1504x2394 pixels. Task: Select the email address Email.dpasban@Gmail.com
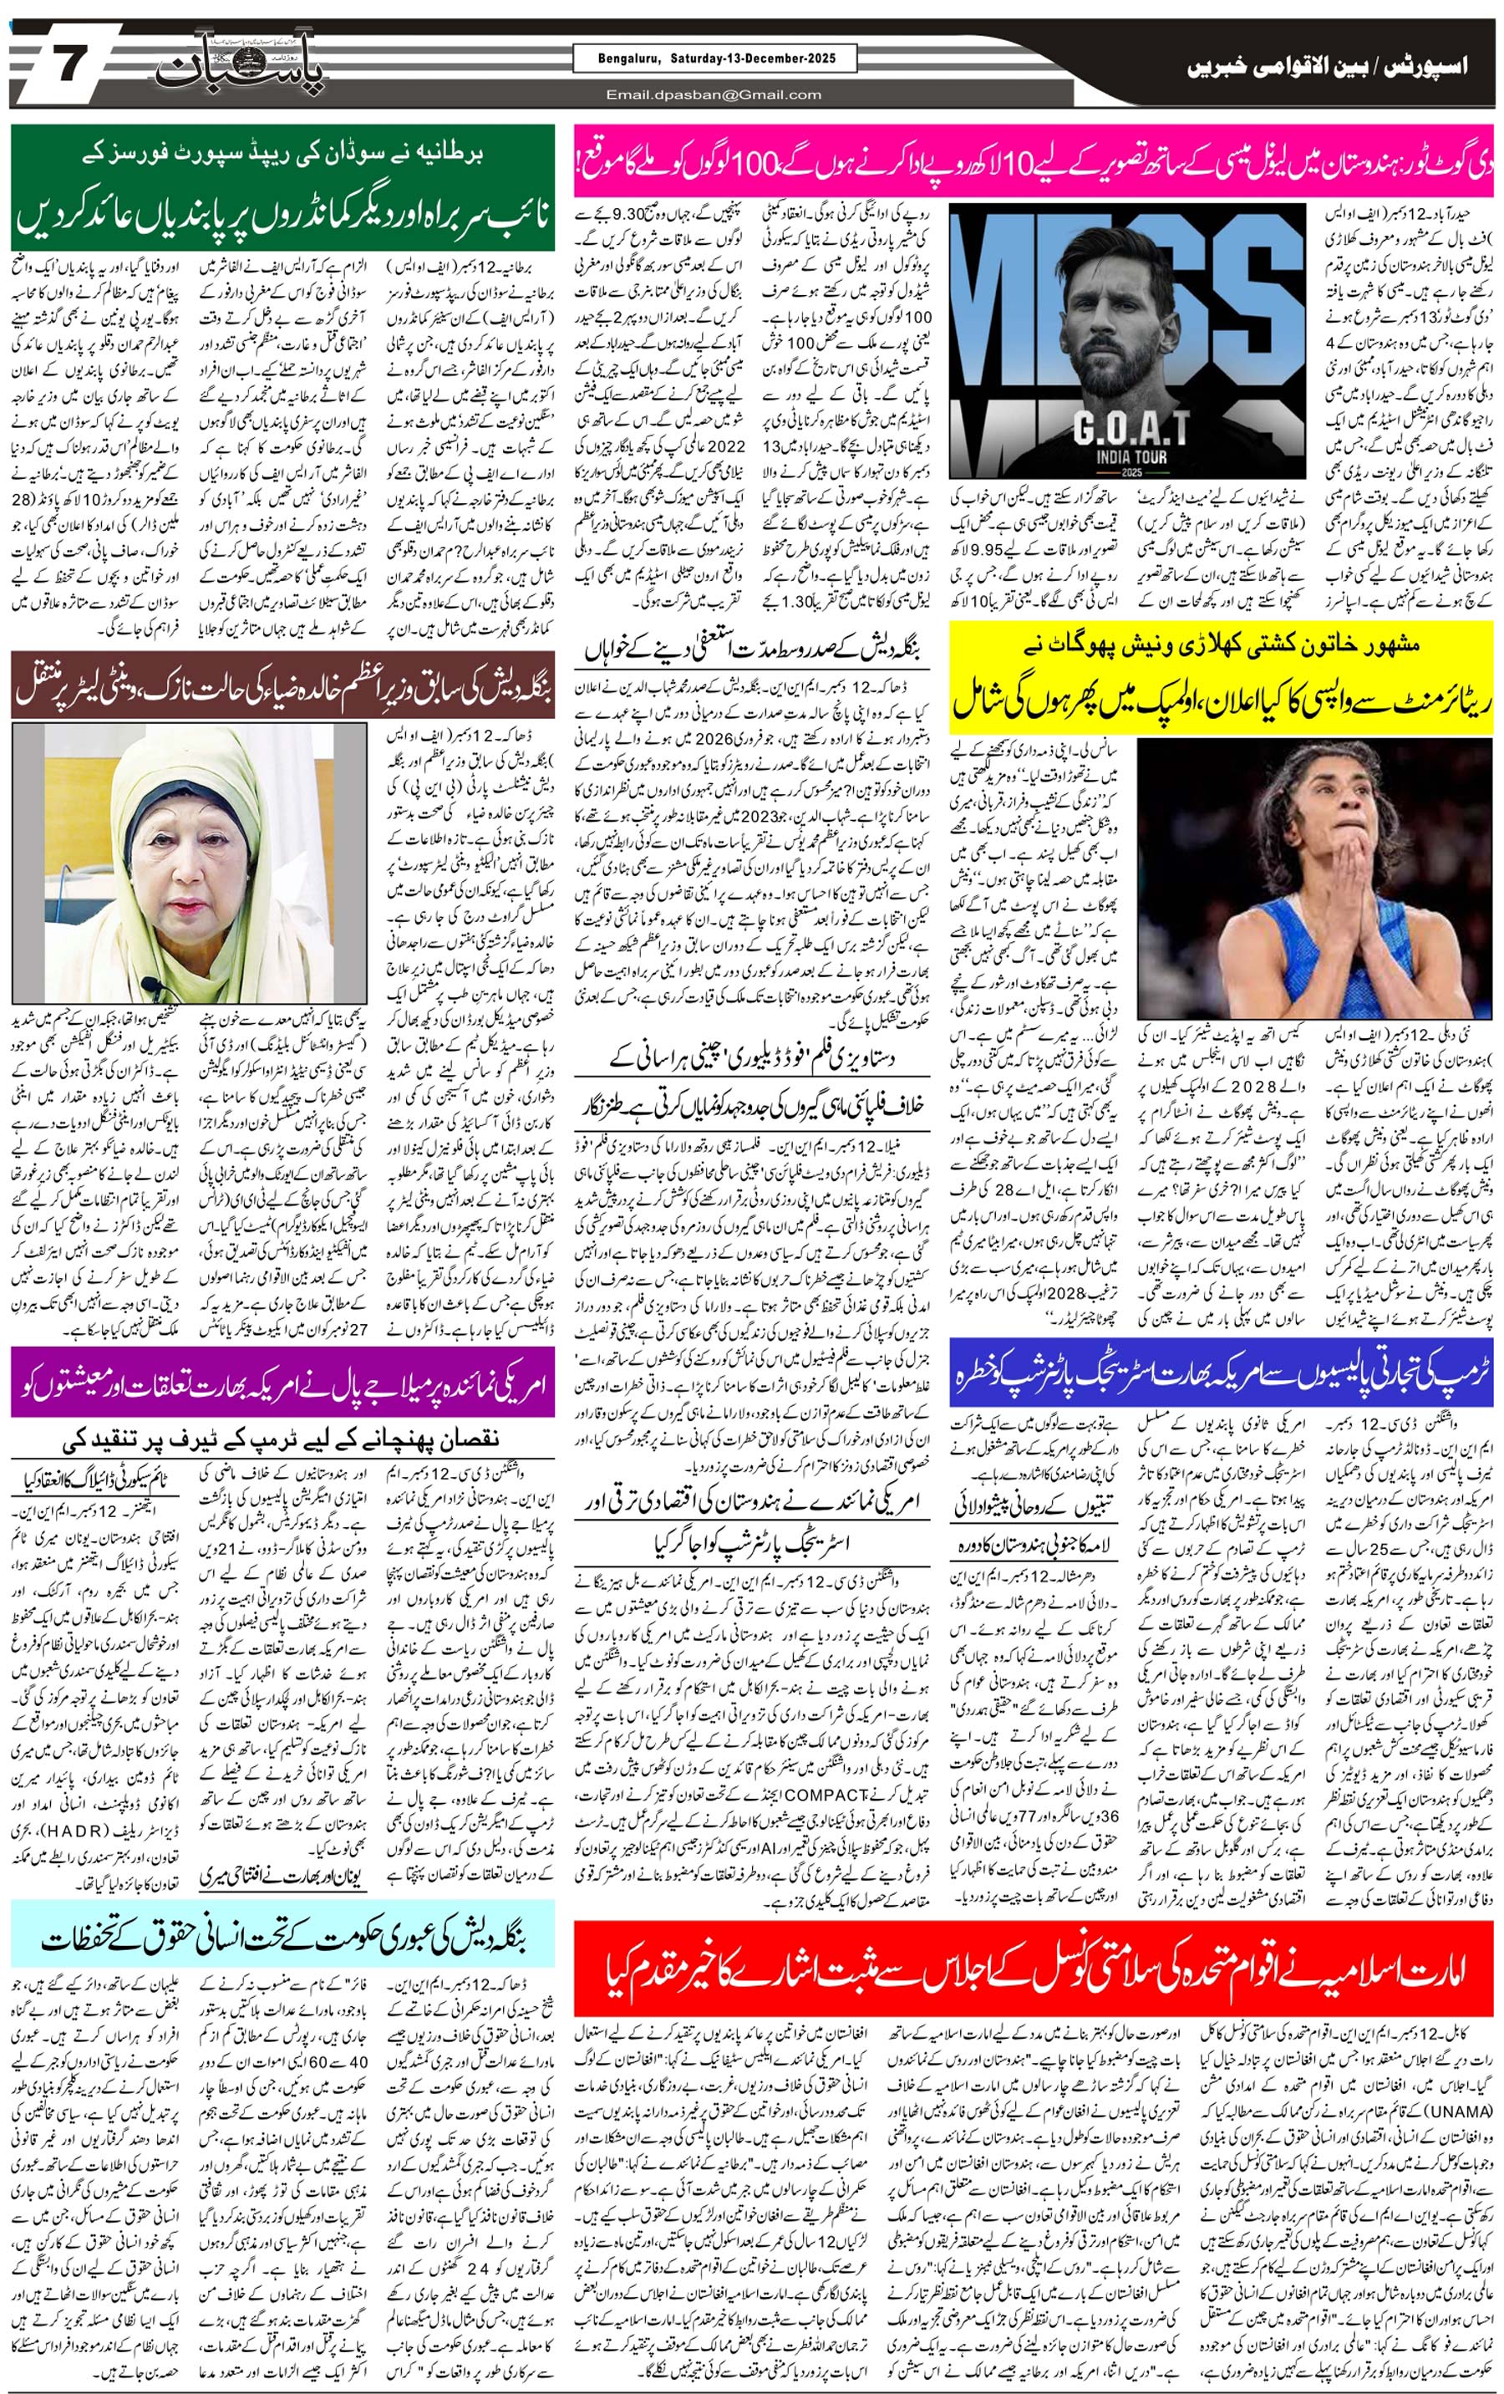point(714,95)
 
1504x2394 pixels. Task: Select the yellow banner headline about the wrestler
point(1221,679)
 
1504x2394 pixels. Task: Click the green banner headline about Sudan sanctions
point(282,187)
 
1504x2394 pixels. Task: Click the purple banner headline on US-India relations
point(282,1383)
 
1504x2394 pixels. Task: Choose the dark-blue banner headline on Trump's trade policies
point(1221,1372)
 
